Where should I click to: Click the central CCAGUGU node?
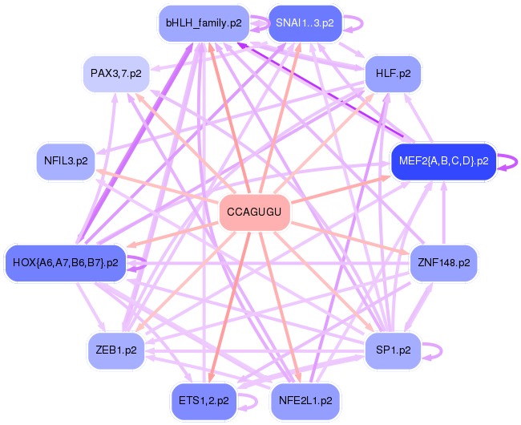coord(254,212)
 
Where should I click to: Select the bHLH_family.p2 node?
coord(204,23)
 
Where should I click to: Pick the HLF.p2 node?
coord(393,73)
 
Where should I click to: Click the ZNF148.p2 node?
coord(443,262)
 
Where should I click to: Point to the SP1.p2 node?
coord(393,350)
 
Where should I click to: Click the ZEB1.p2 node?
coord(115,350)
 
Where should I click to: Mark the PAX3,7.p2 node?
coord(115,73)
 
